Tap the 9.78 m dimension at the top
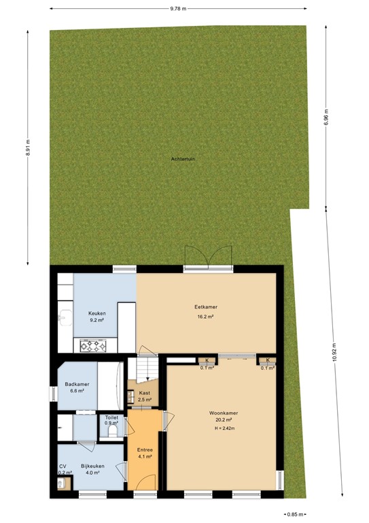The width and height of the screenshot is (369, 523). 179,9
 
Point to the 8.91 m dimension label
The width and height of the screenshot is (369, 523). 29,146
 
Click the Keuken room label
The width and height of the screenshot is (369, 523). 96,313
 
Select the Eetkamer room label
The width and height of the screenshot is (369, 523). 205,307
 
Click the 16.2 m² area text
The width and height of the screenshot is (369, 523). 205,317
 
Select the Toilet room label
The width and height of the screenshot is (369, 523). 111,417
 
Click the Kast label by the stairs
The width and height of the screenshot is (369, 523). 144,393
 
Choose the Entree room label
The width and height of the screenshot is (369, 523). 145,450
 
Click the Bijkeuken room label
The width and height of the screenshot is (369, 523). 92,465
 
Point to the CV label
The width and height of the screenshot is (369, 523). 63,466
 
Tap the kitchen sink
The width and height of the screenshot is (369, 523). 64,317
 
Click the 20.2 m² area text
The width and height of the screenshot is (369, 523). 223,420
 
